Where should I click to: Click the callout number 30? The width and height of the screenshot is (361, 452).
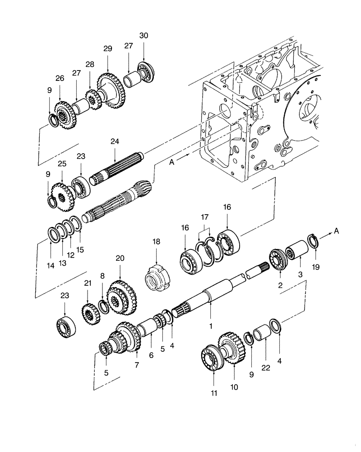[x=143, y=36]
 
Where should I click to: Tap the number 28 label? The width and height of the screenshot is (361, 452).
[x=90, y=65]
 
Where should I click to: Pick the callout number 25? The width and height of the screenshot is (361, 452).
[x=62, y=162]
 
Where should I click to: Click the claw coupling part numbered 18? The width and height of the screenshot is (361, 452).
[x=157, y=276]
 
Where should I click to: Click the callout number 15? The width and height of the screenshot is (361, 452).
[x=80, y=249]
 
